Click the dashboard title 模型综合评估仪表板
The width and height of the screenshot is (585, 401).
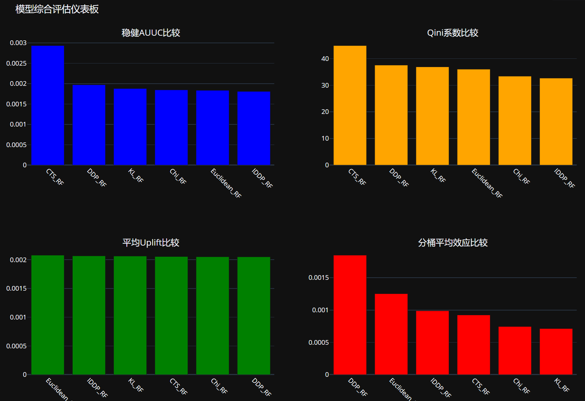(57, 9)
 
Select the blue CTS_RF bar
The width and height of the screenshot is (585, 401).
(48, 105)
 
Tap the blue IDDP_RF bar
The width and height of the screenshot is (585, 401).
(254, 128)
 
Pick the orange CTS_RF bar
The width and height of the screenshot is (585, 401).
(350, 105)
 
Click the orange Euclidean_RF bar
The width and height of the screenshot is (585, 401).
(473, 117)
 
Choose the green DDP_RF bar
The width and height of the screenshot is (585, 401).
(254, 316)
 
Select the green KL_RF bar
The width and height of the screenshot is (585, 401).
(130, 315)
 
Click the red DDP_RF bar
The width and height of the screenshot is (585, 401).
(350, 315)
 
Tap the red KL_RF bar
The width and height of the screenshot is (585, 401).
(556, 352)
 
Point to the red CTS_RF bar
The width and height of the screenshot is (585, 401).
(473, 345)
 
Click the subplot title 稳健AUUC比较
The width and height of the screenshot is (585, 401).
(151, 33)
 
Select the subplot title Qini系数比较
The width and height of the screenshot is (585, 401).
(452, 33)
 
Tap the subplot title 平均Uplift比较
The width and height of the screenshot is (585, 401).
(151, 243)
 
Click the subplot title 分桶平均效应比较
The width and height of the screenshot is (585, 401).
(452, 243)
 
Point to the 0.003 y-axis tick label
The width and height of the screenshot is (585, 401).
(18, 43)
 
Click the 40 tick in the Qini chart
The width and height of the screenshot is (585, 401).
(325, 59)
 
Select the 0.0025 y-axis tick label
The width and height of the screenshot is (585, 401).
(16, 63)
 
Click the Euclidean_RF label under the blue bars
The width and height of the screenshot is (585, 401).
(226, 183)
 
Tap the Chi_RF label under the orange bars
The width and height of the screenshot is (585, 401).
(521, 176)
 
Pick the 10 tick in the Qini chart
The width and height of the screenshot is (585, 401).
(325, 138)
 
